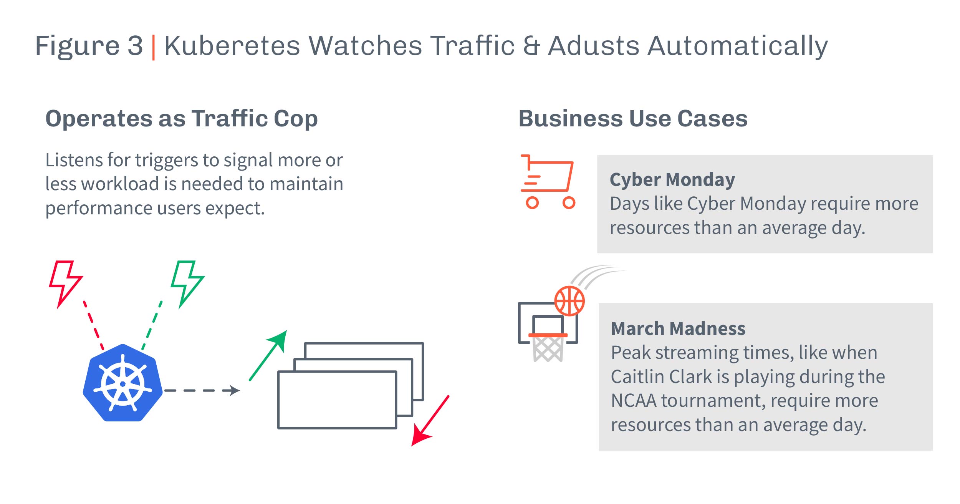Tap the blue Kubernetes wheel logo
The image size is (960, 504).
click(122, 383)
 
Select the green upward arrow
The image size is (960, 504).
click(268, 355)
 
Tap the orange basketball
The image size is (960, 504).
click(569, 301)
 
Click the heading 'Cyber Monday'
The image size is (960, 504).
click(672, 180)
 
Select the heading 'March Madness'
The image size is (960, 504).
click(678, 328)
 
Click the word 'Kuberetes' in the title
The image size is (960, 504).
click(232, 46)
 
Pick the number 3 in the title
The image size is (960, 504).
click(135, 46)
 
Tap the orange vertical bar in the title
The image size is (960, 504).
click(154, 47)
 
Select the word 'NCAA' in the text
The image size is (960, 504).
click(634, 401)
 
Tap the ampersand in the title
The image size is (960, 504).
click(531, 46)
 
